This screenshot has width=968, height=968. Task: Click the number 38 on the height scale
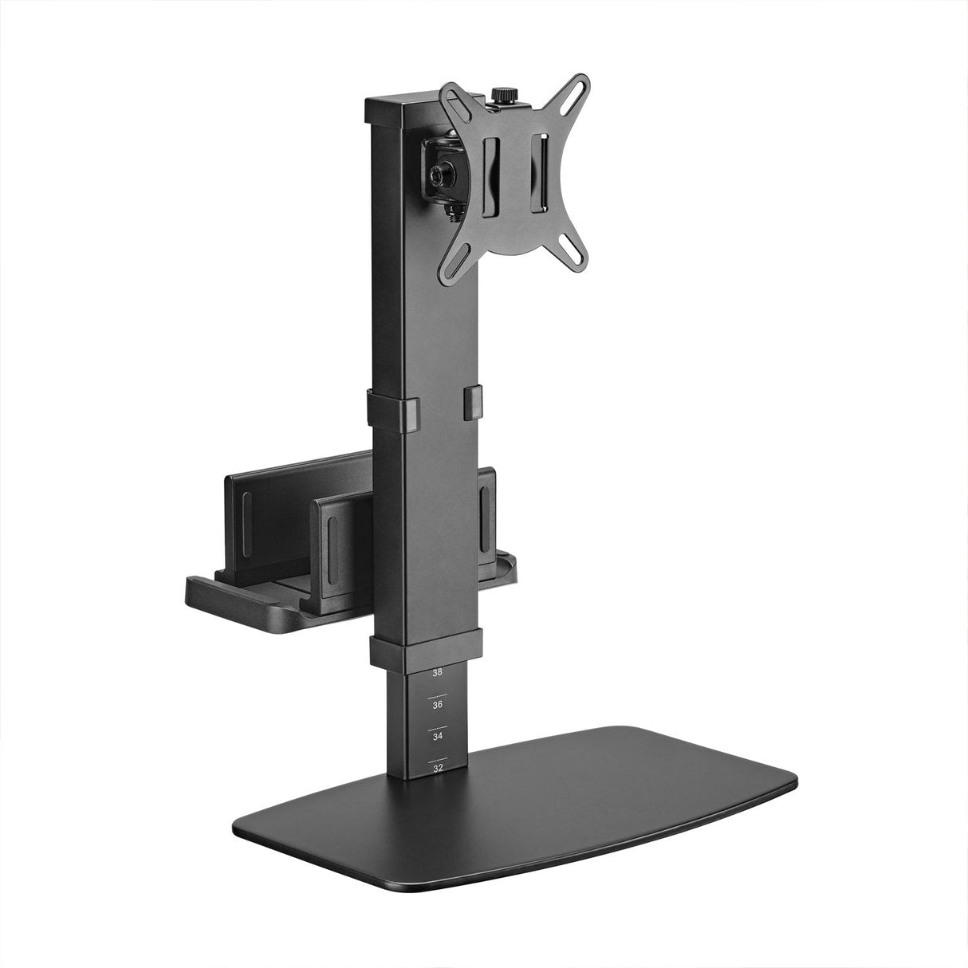(x=437, y=673)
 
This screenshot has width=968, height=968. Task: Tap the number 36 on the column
(x=437, y=705)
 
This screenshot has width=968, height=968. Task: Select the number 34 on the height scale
(x=437, y=737)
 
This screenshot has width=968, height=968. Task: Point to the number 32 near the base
(x=437, y=769)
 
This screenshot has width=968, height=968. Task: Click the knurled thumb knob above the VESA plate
(x=502, y=96)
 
